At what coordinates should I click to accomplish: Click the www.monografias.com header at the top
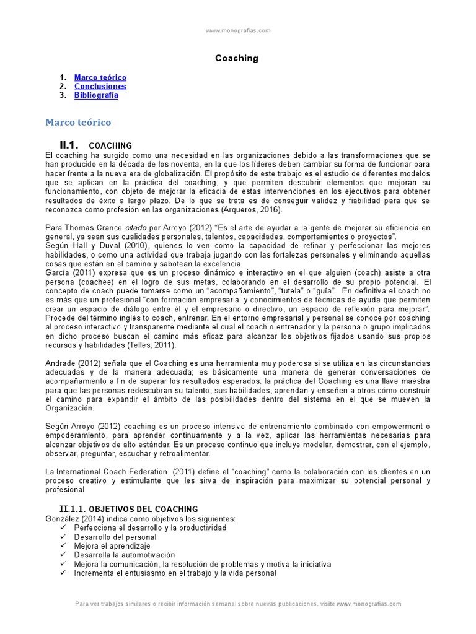[238, 30]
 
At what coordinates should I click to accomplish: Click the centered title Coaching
[237, 58]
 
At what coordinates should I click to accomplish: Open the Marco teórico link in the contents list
[100, 77]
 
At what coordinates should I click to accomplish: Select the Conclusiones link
[100, 87]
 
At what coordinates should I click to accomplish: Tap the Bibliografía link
[96, 95]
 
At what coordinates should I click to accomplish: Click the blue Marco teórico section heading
[78, 123]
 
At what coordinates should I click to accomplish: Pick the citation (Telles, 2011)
[150, 345]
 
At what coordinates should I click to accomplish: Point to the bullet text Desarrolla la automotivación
[124, 555]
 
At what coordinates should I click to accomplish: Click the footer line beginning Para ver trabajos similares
[238, 604]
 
